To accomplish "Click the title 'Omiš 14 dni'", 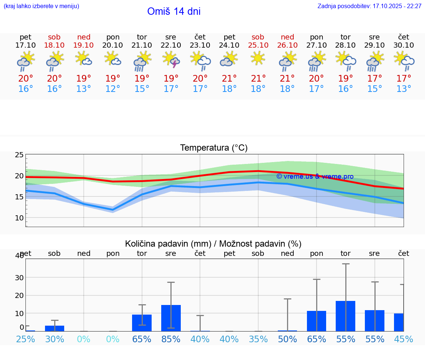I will (174, 11).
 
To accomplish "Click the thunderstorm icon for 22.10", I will (171, 60).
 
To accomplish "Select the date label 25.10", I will (258, 45).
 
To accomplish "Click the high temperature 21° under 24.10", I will (229, 79).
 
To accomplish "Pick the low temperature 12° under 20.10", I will (113, 89).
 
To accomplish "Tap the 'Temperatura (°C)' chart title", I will (214, 148).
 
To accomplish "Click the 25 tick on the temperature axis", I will (19, 155).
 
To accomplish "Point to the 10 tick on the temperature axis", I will (19, 218).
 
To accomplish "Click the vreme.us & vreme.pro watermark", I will (315, 176).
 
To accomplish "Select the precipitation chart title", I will (213, 244).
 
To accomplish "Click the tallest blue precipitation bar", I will (345, 316).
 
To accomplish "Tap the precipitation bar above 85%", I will (171, 318).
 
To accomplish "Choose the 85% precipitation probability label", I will (171, 339).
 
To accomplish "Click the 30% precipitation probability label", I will (55, 339).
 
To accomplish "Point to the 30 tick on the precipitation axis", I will (19, 278).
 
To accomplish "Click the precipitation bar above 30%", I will (55, 328).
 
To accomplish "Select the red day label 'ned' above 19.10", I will (84, 37).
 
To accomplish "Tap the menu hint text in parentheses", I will (41, 6).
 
